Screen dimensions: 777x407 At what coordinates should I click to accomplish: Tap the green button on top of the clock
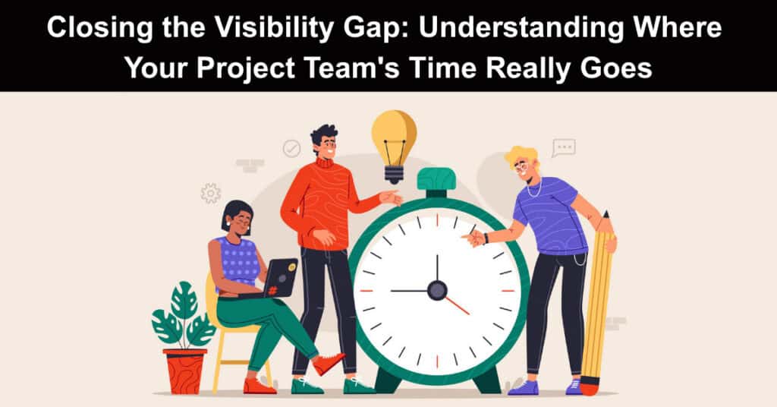tap(436, 179)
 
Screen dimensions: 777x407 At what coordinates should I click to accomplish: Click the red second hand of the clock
tap(457, 305)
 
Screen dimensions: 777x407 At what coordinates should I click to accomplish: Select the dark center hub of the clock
tap(437, 290)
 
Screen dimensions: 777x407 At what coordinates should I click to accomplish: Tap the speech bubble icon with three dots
tap(564, 148)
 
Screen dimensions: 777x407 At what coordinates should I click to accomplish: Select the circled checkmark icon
tap(291, 148)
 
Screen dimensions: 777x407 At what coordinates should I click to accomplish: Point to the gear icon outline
tap(211, 194)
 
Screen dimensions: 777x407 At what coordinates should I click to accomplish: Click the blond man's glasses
tap(521, 168)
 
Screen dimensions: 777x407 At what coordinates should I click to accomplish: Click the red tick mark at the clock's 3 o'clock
tap(509, 291)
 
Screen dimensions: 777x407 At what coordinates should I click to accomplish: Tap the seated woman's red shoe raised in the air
tap(329, 364)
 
